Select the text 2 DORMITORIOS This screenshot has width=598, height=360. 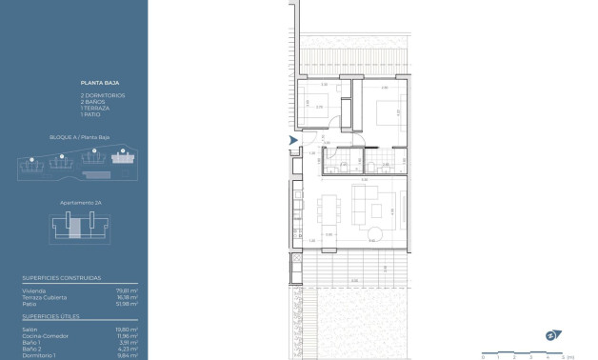pos(102,95)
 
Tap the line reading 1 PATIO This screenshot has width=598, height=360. pos(91,114)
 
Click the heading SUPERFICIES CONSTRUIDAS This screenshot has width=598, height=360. pos(61,278)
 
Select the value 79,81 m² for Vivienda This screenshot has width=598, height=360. pos(127,290)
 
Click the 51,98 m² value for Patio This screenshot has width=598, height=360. pos(127,303)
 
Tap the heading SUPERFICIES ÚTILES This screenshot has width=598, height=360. pos(51,315)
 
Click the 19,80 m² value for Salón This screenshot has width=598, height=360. pos(127,329)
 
